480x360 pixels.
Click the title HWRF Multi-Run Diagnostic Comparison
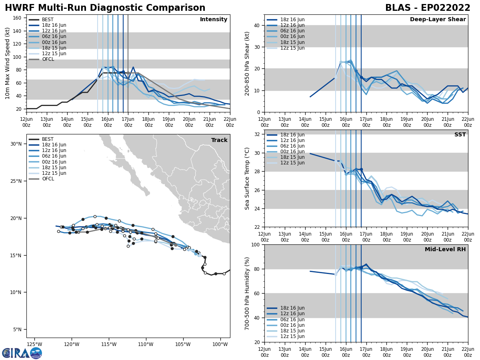[x=105, y=8]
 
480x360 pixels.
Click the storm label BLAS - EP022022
[x=428, y=8]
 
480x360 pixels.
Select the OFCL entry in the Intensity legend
[x=48, y=59]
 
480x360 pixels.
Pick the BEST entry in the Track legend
[x=48, y=139]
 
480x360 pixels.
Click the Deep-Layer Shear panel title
[x=438, y=20]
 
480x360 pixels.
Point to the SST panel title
[x=460, y=135]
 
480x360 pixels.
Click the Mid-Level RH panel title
[x=445, y=250]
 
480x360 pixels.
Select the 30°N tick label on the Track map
[x=16, y=144]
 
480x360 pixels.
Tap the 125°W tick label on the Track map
[x=34, y=344]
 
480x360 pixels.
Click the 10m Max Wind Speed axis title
[x=8, y=63]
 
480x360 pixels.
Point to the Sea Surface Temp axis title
[x=247, y=178]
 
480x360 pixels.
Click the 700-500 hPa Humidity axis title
[x=247, y=293]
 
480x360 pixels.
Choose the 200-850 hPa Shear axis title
[x=247, y=63]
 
